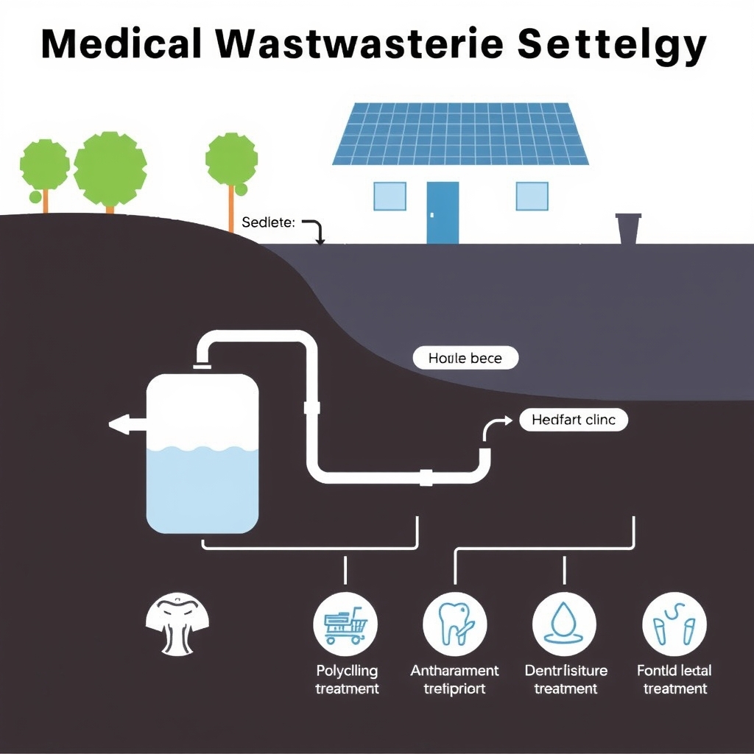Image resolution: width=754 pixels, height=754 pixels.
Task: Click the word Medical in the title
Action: pos(121,46)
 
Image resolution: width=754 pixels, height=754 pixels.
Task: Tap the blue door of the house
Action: pos(443,212)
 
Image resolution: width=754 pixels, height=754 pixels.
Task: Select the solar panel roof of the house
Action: pos(461,134)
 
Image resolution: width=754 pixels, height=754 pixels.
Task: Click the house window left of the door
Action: pos(390,196)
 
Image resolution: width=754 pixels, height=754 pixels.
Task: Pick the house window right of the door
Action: pos(532,196)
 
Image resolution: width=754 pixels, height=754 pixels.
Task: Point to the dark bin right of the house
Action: pos(628,228)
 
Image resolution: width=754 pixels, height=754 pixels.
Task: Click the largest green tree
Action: pos(110,169)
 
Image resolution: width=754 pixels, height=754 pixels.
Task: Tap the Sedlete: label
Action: pos(268,223)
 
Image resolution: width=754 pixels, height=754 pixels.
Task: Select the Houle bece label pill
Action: pos(465,359)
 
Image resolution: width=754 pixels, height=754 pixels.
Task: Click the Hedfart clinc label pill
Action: pos(574,420)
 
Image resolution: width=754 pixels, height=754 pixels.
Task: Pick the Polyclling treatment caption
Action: pos(347,680)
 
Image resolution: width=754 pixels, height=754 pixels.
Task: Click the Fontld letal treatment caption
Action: pos(674,680)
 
